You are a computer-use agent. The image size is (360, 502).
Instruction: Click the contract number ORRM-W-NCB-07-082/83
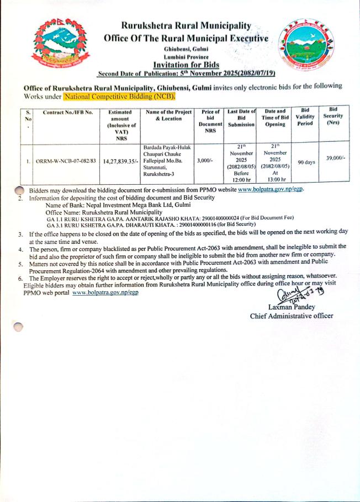coord(66,162)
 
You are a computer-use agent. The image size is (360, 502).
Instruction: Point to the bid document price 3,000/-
coord(209,162)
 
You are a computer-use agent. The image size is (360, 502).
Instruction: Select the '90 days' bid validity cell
coord(306,162)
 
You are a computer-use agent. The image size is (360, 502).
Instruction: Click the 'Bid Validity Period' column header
coord(305,117)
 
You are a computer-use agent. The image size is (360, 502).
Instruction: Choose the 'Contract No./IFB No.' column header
coord(66,113)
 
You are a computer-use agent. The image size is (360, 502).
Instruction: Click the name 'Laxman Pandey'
coord(292,307)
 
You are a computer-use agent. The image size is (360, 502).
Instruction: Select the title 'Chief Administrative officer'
coord(292,316)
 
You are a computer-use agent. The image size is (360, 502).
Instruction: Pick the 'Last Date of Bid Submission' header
coord(241,118)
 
